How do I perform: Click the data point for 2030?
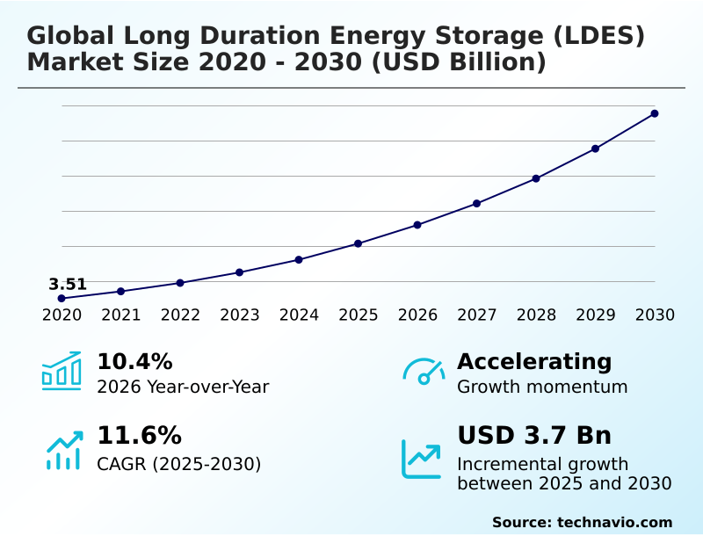[x=655, y=113]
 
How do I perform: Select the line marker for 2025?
[x=358, y=243]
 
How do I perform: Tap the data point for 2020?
[x=62, y=299]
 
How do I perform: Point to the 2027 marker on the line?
[x=476, y=204]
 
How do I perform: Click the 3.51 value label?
[x=68, y=284]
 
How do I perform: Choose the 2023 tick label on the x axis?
[x=239, y=315]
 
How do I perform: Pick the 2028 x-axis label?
[x=536, y=315]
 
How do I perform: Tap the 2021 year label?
[x=120, y=315]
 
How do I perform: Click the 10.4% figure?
[x=134, y=361]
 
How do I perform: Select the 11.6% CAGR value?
[x=139, y=436]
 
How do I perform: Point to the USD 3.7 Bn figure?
[x=534, y=436]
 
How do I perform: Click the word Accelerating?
[x=534, y=361]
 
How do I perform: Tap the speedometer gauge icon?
[x=424, y=372]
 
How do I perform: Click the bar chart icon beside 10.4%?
[x=62, y=371]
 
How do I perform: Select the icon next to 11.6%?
[x=64, y=450]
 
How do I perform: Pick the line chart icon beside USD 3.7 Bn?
[x=422, y=459]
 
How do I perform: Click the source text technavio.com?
[x=614, y=522]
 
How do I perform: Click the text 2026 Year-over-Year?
[x=183, y=387]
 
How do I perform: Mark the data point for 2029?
[x=595, y=148]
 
